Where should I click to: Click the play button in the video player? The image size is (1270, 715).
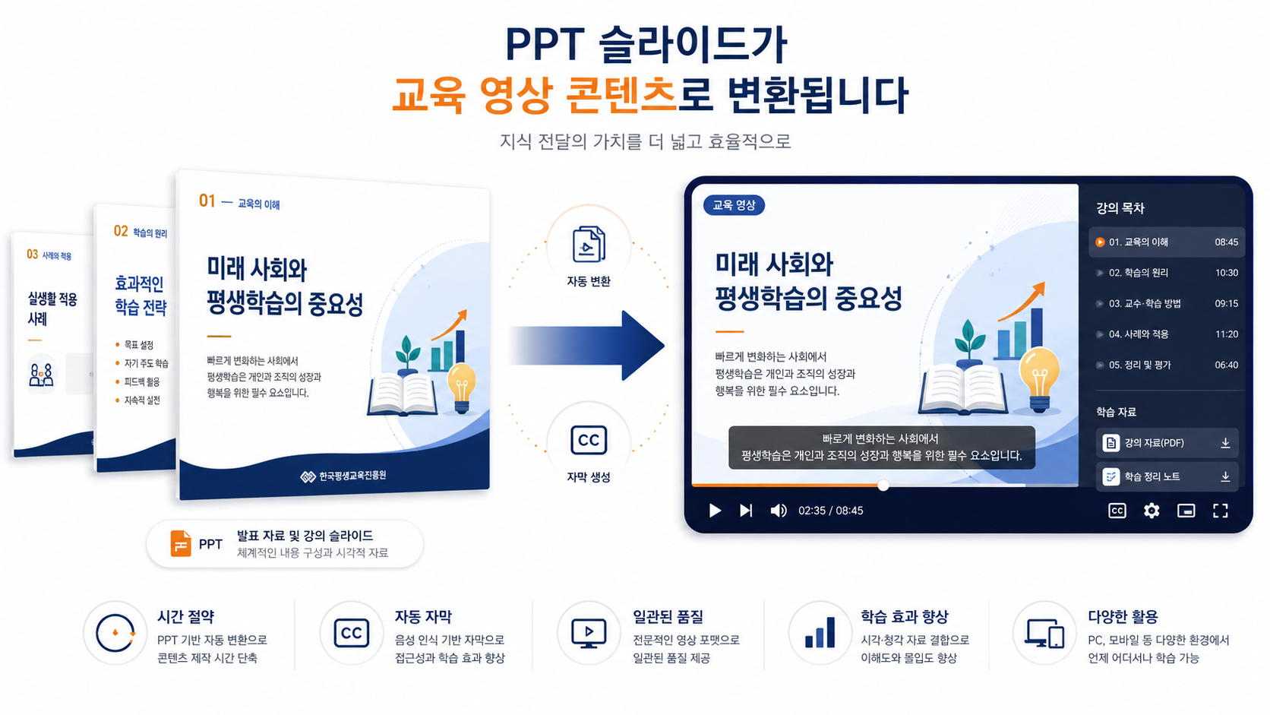click(715, 511)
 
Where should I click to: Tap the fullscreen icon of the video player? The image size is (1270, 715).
click(1220, 511)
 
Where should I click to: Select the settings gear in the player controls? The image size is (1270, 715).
click(1151, 511)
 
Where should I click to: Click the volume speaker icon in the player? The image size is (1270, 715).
click(779, 511)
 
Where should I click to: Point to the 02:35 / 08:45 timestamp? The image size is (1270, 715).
click(831, 511)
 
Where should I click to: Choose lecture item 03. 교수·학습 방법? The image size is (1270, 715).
click(1144, 303)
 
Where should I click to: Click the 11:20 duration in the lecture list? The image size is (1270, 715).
click(1227, 334)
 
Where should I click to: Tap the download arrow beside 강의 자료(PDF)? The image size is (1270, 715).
click(1225, 443)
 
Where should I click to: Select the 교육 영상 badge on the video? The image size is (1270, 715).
click(734, 205)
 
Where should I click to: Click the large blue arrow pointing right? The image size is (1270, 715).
click(587, 345)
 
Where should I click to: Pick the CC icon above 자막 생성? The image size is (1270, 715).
click(589, 441)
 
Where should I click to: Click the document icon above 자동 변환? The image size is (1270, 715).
click(589, 244)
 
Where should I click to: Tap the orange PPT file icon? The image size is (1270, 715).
click(181, 544)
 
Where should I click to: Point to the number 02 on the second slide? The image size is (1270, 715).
click(121, 231)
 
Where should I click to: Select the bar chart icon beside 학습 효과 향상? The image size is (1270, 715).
click(820, 632)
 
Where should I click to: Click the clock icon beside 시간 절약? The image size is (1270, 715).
click(115, 633)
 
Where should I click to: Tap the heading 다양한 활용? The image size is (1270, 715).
click(1123, 616)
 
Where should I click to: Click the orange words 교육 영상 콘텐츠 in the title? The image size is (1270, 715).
click(533, 95)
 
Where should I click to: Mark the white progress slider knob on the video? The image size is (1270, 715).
click(883, 486)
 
